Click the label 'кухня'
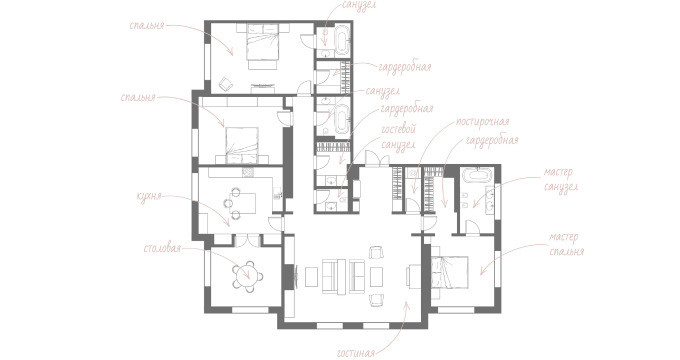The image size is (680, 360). (149, 196)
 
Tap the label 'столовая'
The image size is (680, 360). (162, 249)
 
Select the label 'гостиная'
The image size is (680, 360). (355, 352)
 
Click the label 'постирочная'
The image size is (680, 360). (482, 122)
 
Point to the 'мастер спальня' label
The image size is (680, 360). (566, 244)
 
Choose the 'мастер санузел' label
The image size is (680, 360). (560, 179)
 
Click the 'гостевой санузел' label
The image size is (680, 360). (399, 137)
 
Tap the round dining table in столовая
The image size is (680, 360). (248, 276)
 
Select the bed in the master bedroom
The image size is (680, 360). (450, 272)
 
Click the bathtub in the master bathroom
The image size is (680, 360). (475, 175)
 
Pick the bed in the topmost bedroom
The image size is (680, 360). (262, 46)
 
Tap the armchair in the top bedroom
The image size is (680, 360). (226, 84)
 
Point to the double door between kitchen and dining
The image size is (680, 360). (247, 240)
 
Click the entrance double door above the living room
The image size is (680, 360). (377, 158)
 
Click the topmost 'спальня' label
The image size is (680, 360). (147, 25)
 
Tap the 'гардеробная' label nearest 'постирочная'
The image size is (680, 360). (492, 141)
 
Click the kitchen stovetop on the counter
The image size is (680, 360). (247, 172)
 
